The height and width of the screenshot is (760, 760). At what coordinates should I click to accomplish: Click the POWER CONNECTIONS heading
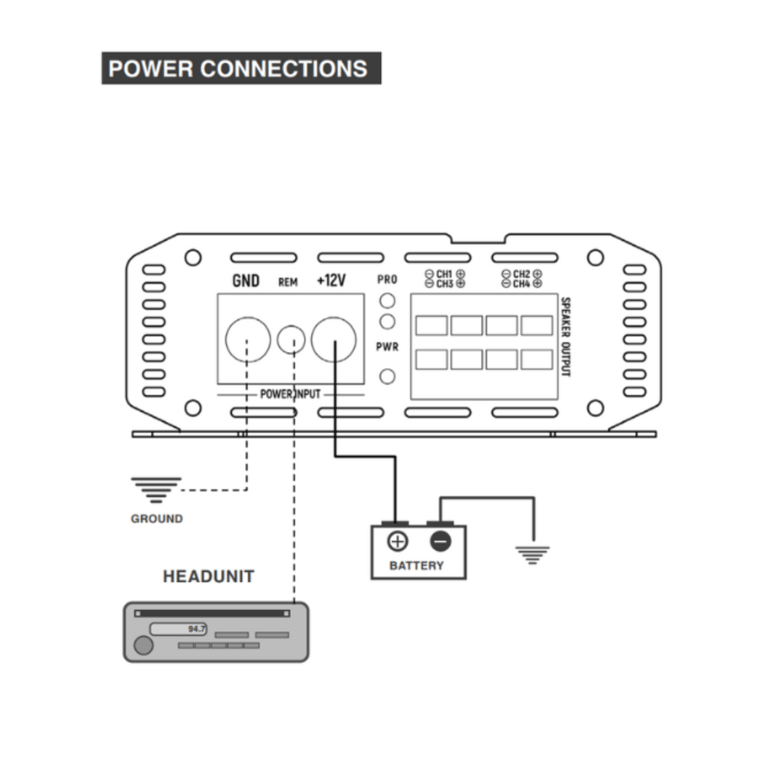(241, 68)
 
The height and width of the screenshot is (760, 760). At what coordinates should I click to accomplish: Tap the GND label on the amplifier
(245, 280)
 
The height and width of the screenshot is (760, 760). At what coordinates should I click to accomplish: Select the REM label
(287, 282)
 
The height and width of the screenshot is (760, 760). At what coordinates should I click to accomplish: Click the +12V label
(331, 280)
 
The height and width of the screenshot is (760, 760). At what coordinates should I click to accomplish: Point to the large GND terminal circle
(248, 340)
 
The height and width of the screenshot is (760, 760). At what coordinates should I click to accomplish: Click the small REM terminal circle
(291, 340)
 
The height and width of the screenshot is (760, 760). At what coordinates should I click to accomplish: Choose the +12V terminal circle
(334, 340)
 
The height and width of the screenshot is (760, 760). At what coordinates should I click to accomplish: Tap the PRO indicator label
(388, 280)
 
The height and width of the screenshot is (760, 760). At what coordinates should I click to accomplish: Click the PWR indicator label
(388, 346)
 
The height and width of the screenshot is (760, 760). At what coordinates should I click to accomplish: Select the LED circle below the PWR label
(388, 376)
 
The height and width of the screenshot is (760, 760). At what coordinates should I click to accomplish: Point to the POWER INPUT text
(290, 394)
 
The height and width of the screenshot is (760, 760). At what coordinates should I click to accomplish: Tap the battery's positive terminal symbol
(398, 541)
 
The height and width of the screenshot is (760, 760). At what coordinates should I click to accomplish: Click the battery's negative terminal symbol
(440, 541)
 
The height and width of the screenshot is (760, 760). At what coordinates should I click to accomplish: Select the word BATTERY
(416, 566)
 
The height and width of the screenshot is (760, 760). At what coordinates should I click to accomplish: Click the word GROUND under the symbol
(157, 518)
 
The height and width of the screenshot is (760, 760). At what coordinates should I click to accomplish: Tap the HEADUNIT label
(208, 576)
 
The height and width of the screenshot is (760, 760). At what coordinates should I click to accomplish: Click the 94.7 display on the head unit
(196, 629)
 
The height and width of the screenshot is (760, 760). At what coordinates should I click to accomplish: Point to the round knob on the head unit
(144, 645)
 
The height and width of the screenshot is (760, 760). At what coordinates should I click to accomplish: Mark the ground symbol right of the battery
(532, 555)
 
